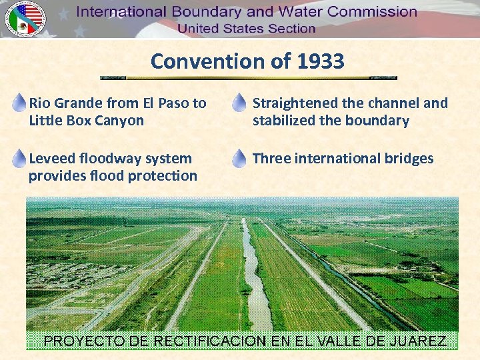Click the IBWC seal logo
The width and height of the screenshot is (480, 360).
pyautogui.click(x=25, y=18)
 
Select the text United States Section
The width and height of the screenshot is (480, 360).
pyautogui.click(x=246, y=29)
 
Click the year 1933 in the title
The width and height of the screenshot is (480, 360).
pyautogui.click(x=320, y=61)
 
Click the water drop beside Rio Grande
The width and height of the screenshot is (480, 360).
pyautogui.click(x=19, y=102)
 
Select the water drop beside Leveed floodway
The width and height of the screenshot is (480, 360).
pyautogui.click(x=19, y=157)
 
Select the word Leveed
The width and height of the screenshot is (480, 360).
pyautogui.click(x=52, y=159)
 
